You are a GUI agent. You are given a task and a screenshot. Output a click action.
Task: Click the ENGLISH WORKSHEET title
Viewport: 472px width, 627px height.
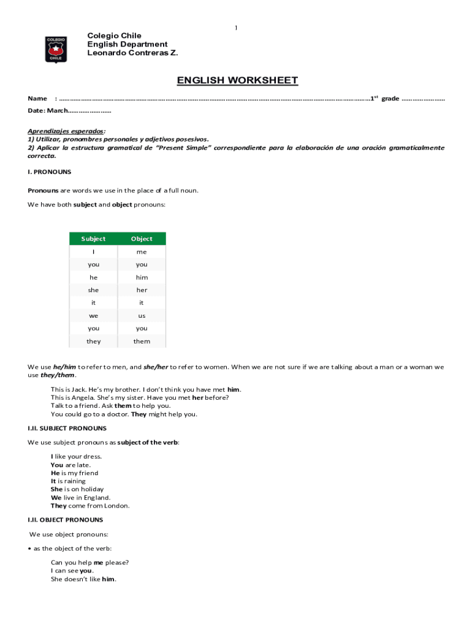click(237, 81)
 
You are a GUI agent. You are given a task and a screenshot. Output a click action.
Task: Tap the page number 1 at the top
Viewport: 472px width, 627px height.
click(236, 28)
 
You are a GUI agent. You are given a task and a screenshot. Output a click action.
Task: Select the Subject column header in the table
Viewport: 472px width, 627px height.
click(93, 239)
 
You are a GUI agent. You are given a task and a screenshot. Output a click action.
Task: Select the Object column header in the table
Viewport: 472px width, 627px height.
click(142, 239)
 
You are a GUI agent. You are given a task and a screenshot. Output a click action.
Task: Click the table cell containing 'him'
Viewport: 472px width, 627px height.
click(142, 277)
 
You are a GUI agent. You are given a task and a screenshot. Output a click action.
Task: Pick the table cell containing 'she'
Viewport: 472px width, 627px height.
click(93, 290)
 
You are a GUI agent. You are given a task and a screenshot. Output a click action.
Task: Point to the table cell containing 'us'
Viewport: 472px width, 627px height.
click(142, 316)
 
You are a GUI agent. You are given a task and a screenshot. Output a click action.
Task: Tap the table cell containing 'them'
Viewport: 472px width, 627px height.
click(142, 341)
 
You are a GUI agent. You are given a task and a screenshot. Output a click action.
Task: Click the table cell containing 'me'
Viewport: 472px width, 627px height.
click(142, 252)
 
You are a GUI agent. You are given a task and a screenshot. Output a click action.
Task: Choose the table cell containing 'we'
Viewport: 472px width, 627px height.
click(93, 316)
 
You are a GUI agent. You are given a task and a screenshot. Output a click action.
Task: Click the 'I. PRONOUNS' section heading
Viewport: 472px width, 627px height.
click(50, 172)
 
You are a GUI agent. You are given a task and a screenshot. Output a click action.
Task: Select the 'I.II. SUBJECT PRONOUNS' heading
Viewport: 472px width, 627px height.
click(67, 429)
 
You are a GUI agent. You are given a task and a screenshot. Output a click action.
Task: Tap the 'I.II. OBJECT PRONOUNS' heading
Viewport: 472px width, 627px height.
click(65, 520)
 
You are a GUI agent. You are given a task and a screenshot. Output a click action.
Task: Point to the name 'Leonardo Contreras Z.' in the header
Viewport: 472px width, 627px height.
click(132, 53)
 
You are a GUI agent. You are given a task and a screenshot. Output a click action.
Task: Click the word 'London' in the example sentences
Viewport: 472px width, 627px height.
click(117, 506)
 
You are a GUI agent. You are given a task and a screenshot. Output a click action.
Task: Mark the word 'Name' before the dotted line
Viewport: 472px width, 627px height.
click(37, 99)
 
